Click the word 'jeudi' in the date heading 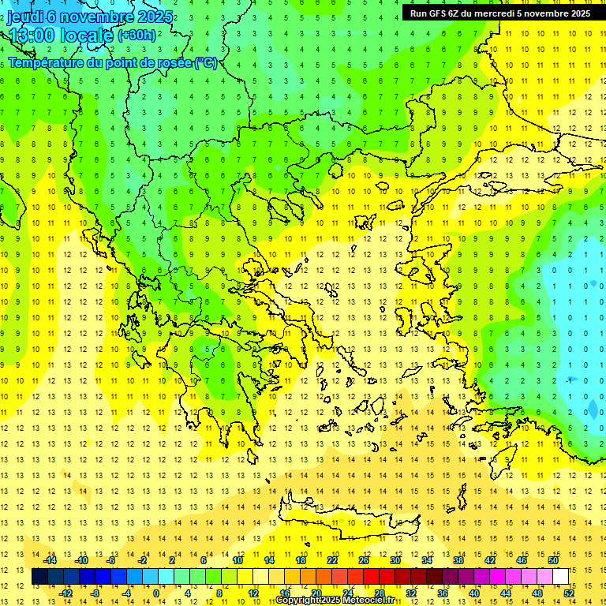click(26, 17)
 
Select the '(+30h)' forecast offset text click(137, 35)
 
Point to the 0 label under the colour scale click(156, 593)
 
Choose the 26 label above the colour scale click(364, 560)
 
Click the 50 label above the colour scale click(553, 560)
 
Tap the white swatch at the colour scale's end click(561, 576)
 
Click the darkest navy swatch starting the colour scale click(39, 576)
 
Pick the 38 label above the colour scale click(458, 560)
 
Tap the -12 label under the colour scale click(66, 593)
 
